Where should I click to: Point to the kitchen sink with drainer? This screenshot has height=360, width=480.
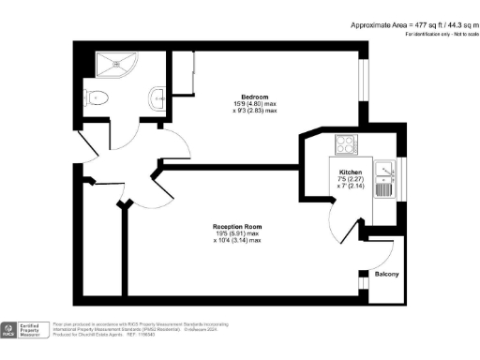(383, 178)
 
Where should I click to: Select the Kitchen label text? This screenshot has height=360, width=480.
(352, 173)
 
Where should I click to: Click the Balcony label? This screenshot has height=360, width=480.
(387, 274)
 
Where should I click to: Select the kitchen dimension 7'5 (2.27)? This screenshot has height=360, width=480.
(352, 181)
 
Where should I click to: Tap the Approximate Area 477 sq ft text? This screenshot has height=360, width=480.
(410, 24)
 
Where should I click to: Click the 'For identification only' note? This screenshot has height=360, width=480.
(438, 34)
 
